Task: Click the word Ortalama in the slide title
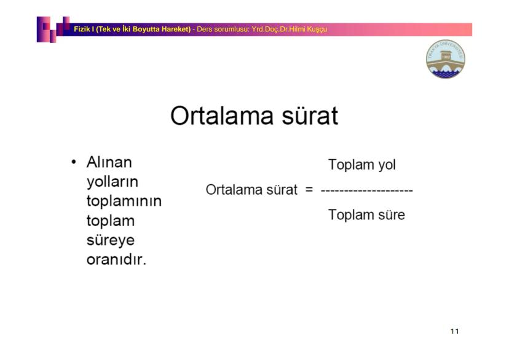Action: (222, 115)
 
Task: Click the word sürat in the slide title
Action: (310, 115)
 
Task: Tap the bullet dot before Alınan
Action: (74, 162)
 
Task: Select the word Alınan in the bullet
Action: (109, 162)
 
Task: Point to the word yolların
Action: (112, 182)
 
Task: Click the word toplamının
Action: (124, 201)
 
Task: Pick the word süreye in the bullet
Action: (111, 240)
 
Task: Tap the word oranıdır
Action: (116, 259)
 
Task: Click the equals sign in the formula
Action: (309, 189)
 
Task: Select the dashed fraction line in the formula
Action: (367, 190)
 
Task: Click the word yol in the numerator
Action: (387, 165)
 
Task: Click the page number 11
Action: (455, 331)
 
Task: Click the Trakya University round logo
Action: (445, 59)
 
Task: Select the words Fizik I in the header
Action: (84, 29)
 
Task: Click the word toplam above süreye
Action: (111, 221)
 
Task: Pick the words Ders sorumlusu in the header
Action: (223, 29)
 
